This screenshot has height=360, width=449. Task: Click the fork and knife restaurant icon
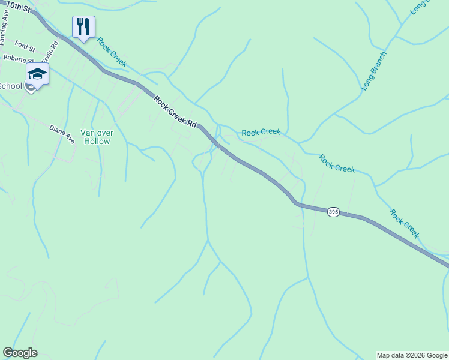point(83,26)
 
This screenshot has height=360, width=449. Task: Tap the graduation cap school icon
point(37,74)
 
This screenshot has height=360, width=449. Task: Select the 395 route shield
point(334,212)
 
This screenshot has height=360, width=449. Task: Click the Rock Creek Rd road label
point(175,112)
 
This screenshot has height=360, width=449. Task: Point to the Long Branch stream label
point(374,71)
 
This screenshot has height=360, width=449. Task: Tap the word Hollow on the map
point(97,142)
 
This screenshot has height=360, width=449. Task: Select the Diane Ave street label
point(62,134)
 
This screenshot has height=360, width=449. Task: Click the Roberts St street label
point(17,59)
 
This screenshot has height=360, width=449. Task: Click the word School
point(10,86)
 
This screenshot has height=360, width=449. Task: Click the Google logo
point(20,353)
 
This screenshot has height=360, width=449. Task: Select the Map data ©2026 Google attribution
point(412,355)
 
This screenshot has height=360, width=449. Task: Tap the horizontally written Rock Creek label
point(261,132)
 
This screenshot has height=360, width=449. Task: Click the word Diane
point(58,131)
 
